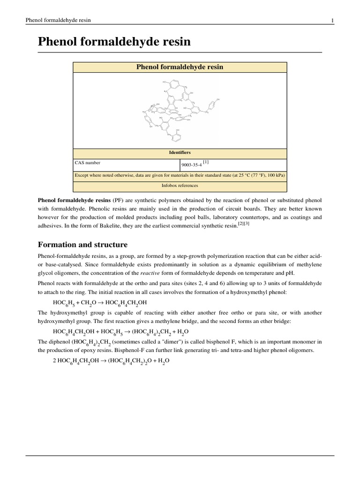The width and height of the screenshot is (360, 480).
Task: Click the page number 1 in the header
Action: pos(332,20)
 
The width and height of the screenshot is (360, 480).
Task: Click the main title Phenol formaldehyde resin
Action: pos(114,42)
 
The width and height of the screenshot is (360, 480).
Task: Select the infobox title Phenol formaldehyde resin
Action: pos(180,67)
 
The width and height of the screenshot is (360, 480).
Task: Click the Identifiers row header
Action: pos(180,152)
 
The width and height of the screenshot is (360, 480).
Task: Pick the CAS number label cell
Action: pos(88,163)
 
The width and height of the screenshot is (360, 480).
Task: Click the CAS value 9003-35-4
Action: pos(191,164)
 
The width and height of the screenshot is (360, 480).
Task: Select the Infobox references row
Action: pos(180,186)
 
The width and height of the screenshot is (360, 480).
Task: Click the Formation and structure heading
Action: pos(82,245)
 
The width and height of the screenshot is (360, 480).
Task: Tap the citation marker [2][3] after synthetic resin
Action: pos(244,225)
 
